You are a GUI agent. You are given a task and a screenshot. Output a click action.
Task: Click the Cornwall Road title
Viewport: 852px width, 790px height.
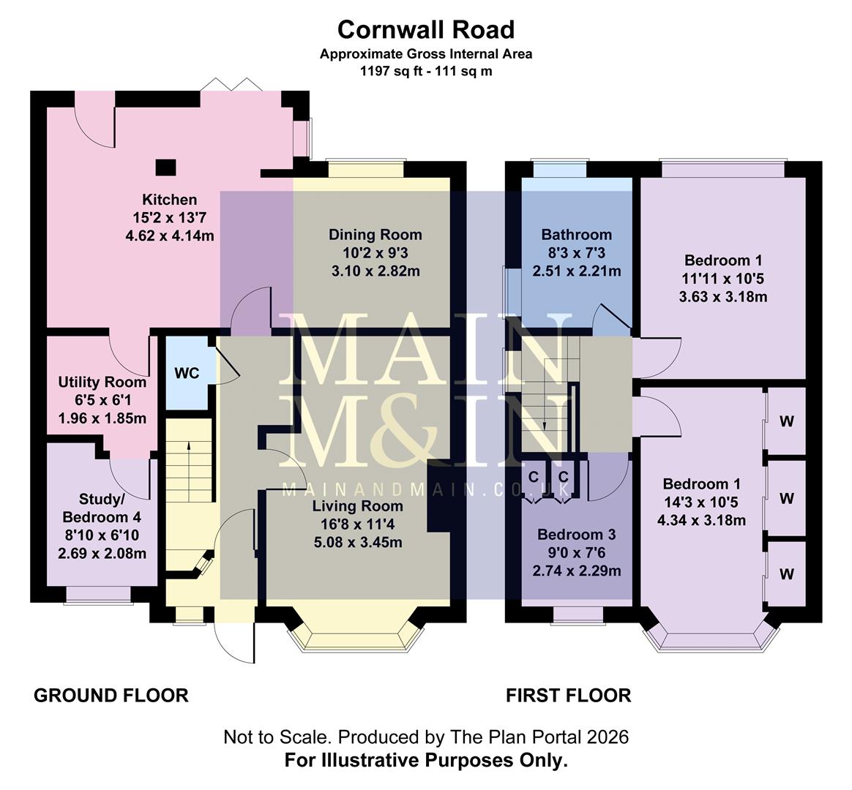[425, 29]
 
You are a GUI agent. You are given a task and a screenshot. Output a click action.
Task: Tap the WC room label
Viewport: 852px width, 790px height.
[187, 373]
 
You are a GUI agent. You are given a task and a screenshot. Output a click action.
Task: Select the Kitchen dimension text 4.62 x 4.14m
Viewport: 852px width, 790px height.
[170, 235]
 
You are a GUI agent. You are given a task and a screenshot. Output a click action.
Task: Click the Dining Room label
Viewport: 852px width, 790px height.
[375, 235]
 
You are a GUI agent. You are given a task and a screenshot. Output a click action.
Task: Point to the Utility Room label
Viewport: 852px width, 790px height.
[102, 382]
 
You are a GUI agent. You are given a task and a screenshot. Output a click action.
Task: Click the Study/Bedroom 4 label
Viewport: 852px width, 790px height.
[102, 508]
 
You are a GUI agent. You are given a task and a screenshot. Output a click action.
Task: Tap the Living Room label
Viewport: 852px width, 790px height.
[357, 506]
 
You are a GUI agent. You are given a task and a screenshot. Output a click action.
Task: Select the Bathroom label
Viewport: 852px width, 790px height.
[576, 235]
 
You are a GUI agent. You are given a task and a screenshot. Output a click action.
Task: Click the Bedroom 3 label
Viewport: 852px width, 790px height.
[576, 535]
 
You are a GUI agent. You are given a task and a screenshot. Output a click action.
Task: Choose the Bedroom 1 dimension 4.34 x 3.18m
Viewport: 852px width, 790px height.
[701, 520]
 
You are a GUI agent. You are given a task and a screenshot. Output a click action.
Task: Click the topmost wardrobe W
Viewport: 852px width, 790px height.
[787, 421]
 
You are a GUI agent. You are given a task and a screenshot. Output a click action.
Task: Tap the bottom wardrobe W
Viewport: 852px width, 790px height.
[787, 574]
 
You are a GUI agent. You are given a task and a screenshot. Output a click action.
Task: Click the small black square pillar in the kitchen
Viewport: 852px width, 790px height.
[166, 167]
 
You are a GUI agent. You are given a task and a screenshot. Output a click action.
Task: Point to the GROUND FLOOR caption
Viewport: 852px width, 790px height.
[111, 695]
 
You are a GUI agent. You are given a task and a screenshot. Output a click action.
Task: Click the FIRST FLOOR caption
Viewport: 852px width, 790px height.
[568, 695]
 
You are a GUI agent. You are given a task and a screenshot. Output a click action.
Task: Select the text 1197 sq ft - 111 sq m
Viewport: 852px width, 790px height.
[425, 72]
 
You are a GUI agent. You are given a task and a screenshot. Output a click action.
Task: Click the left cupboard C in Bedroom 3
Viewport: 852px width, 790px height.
[534, 477]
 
